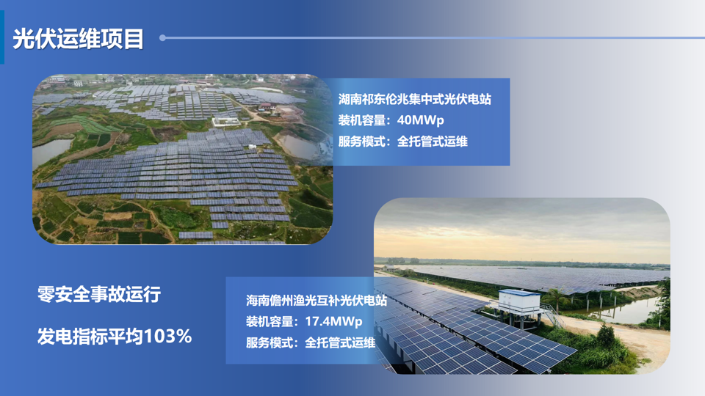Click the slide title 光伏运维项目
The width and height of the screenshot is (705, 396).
coord(79,39)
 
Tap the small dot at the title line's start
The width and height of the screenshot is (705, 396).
coord(163,38)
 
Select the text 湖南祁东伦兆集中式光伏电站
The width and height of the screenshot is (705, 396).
coord(414,99)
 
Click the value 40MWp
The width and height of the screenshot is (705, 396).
coord(420,120)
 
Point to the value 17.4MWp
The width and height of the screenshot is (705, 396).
coord(333,321)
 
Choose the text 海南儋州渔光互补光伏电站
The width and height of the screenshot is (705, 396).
coord(316,301)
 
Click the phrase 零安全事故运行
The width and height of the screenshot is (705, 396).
coord(99,295)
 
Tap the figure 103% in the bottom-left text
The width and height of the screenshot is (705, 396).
coord(167,337)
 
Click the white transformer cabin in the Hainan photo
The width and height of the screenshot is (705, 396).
coord(519,301)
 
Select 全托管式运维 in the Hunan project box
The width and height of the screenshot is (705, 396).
coord(432,142)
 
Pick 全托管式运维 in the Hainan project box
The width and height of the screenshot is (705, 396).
coord(340,343)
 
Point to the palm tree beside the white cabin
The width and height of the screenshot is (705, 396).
coord(556,298)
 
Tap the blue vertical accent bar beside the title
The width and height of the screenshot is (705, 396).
coord(2,37)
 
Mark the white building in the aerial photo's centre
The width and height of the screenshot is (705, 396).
coord(226,121)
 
